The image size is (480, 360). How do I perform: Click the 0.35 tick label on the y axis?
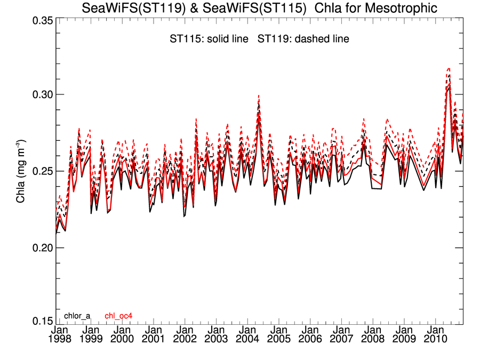(39, 21)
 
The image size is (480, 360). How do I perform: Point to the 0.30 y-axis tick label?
(39, 94)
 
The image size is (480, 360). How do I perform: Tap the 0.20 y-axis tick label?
(39, 248)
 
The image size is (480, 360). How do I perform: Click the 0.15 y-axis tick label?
(39, 322)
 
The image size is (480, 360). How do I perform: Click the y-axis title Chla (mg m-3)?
(20, 171)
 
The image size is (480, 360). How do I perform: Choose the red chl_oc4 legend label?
(118, 316)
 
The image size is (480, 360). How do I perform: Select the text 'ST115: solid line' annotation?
(207, 39)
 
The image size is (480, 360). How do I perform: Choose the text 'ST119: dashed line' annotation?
(303, 39)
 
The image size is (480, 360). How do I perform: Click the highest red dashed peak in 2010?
(449, 68)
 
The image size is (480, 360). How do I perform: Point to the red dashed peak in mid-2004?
(259, 95)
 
